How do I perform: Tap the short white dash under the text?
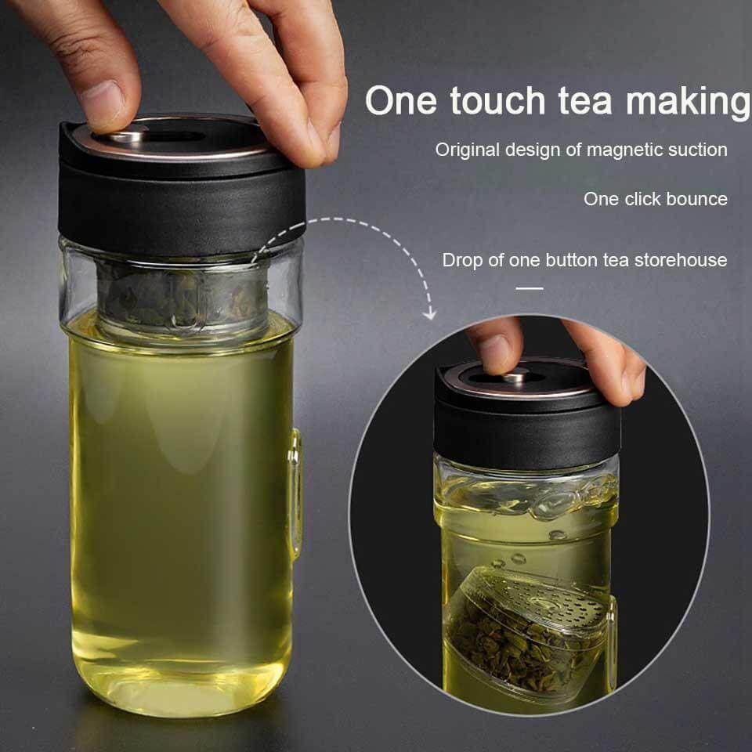pyautogui.click(x=530, y=288)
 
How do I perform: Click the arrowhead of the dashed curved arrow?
pyautogui.click(x=428, y=314)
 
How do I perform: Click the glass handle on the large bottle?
pyautogui.click(x=295, y=493)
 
